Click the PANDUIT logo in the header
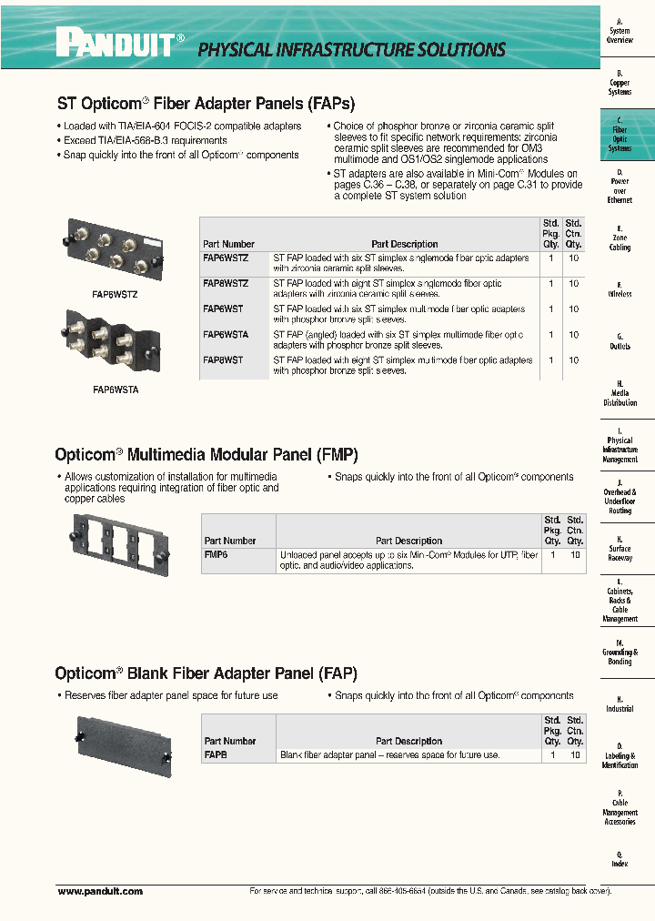[119, 42]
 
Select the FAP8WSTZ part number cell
[223, 284]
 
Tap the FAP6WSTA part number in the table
[223, 335]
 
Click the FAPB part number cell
[216, 754]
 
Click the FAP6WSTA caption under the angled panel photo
[116, 389]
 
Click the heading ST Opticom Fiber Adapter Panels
[206, 104]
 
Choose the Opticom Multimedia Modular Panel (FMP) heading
[206, 453]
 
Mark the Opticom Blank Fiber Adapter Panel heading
[206, 673]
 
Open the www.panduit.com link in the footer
[100, 892]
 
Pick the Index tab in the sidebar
[620, 859]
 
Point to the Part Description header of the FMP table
[408, 541]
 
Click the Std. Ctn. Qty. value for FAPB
[575, 754]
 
